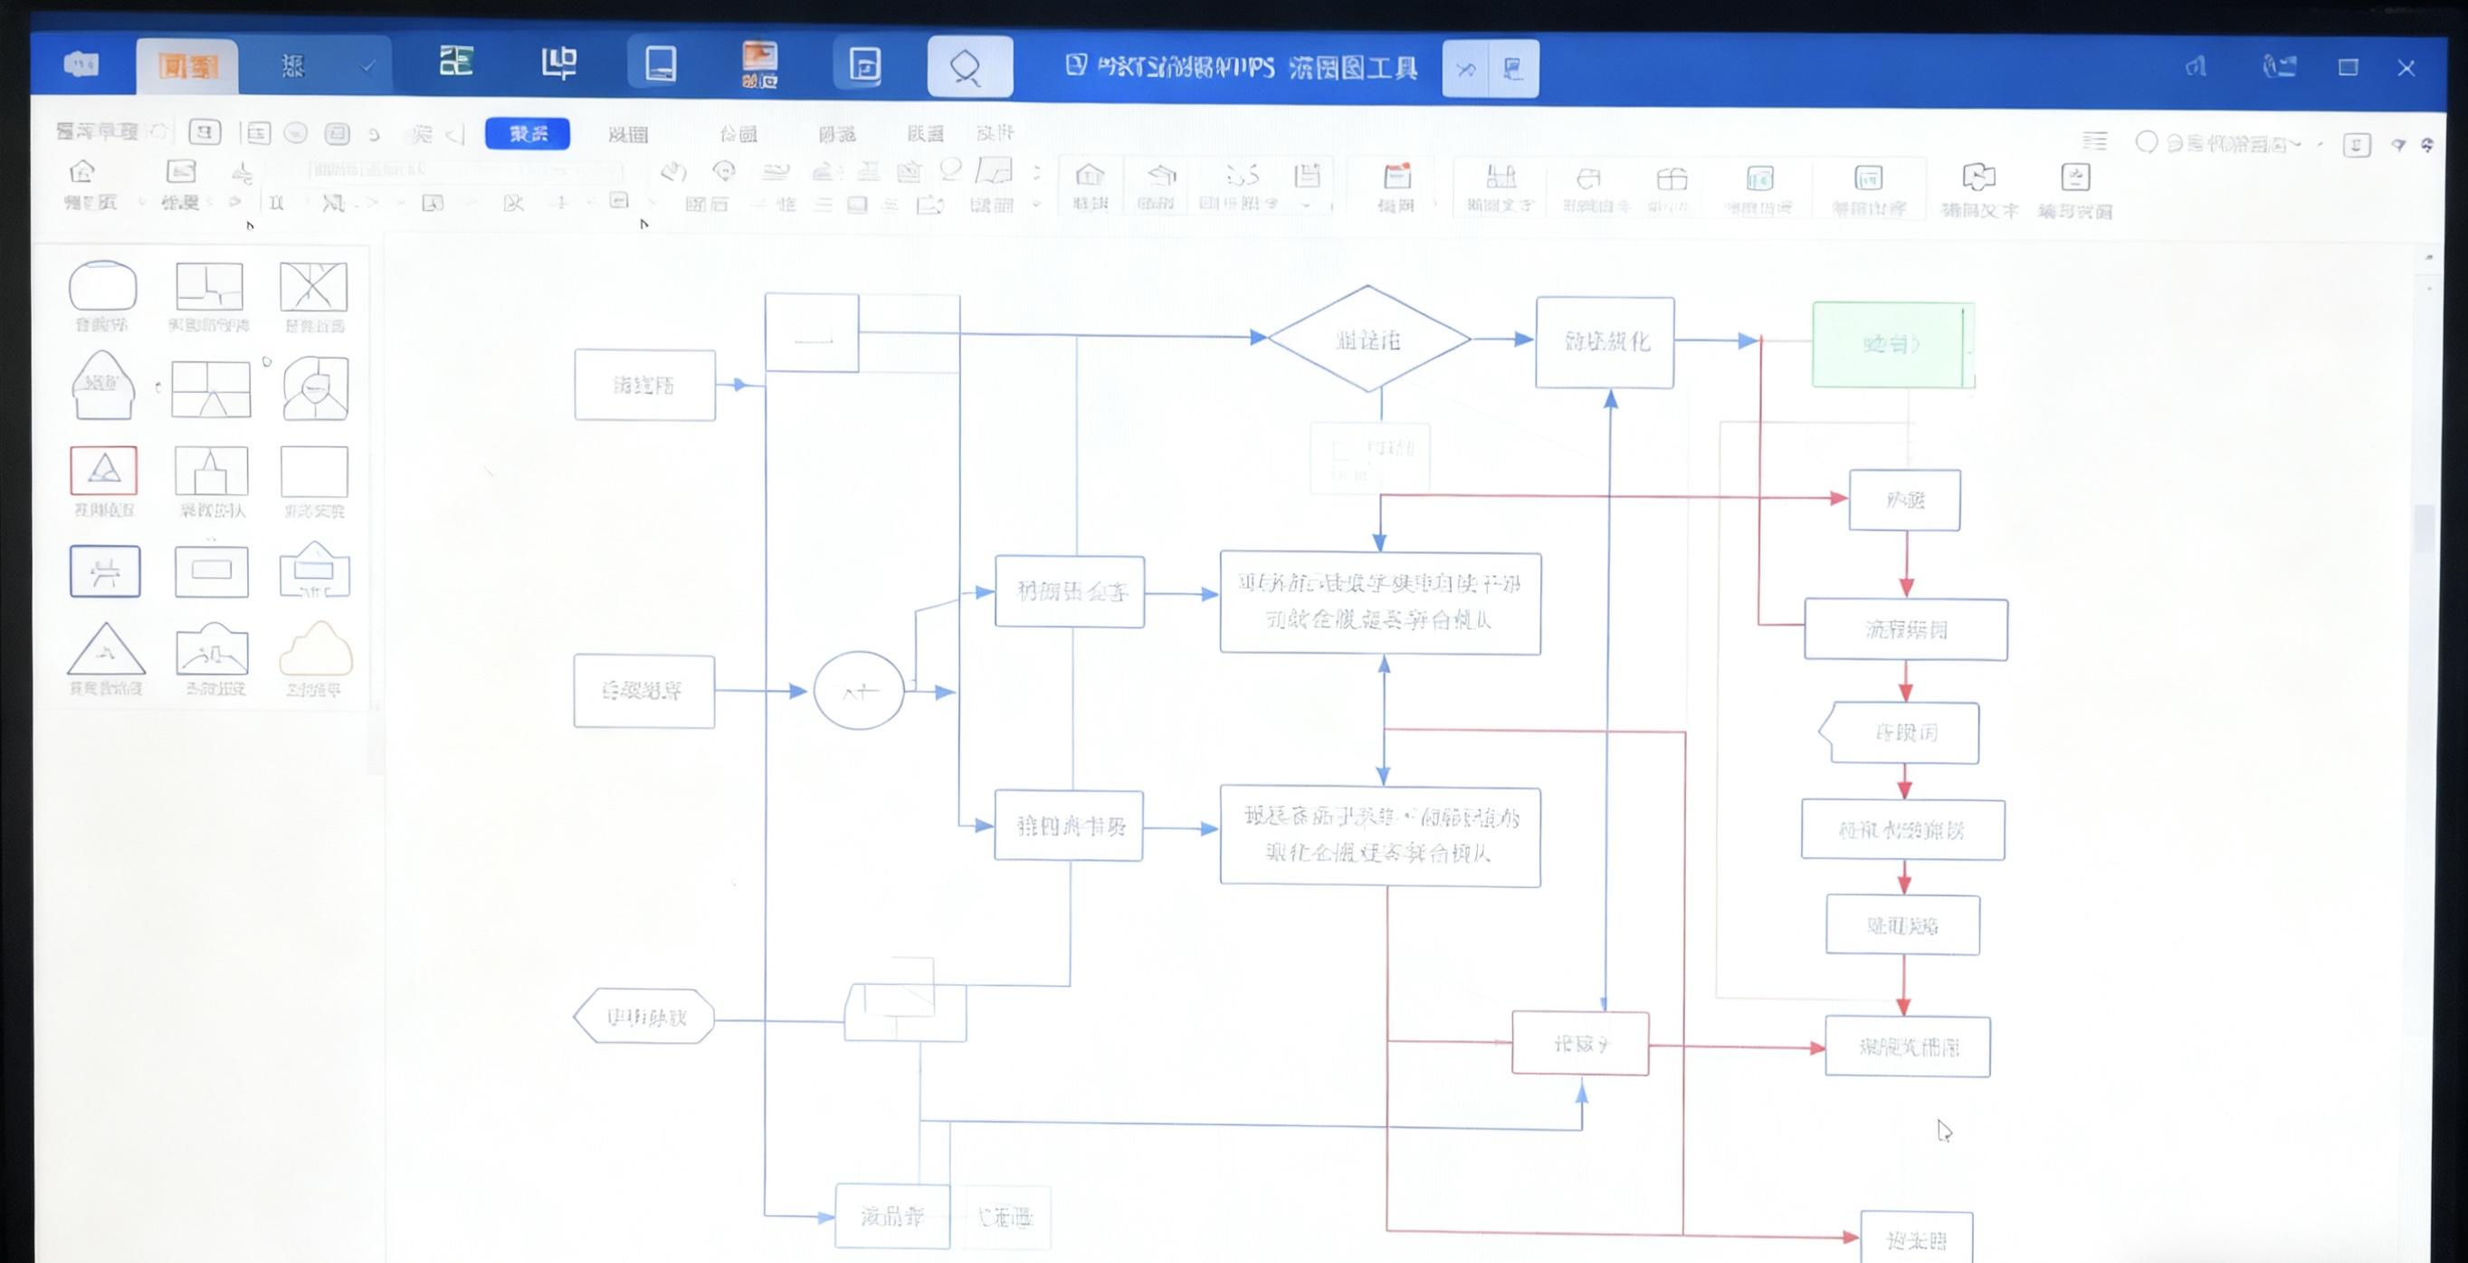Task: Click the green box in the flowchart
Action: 1891,344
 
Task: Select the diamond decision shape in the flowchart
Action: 1368,340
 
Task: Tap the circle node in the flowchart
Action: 859,691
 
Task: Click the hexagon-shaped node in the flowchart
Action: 644,1017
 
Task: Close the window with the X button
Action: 2406,68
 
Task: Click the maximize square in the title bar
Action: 2348,68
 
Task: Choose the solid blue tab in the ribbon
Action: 527,133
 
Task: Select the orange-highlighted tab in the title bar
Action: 187,66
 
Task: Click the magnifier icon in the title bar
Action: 968,66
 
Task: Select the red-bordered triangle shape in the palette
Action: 103,470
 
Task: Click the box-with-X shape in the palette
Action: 313,285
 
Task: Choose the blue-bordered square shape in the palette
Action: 104,571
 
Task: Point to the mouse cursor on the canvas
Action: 1943,1131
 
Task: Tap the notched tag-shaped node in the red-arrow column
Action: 1901,733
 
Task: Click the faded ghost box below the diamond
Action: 1369,458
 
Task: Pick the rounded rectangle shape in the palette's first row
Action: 102,284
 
